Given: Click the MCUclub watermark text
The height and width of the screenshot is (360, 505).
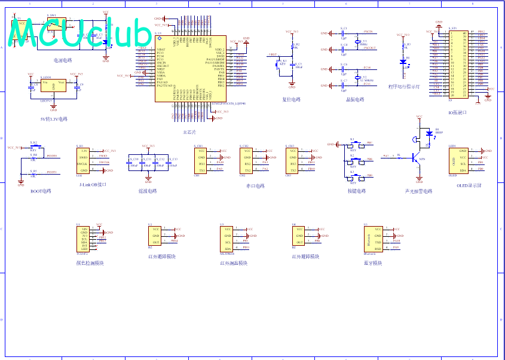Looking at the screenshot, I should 81,33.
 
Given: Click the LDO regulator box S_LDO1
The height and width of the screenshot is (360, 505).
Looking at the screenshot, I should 54,86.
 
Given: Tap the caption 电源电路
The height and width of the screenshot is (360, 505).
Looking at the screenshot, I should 63,60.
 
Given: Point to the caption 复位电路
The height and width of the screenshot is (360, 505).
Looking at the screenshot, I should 291,99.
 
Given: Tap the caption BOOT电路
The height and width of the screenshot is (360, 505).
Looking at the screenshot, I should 41,191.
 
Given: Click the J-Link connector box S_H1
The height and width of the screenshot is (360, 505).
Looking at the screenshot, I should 83,160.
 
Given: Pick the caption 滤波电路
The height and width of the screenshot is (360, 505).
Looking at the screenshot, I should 147,191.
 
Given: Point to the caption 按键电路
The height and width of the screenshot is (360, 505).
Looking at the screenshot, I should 356,191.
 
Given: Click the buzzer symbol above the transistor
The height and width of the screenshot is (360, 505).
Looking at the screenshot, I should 413,140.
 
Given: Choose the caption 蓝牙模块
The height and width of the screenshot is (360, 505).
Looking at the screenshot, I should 372,263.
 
